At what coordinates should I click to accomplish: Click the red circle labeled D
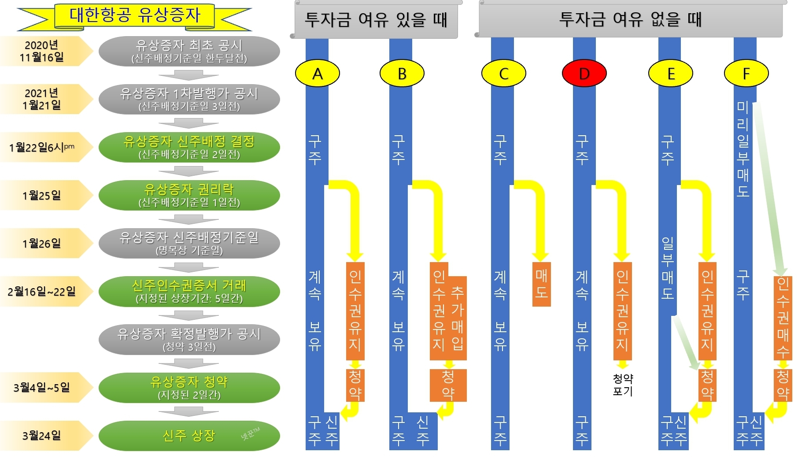tap(584, 73)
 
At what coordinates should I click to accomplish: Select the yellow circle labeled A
tap(317, 73)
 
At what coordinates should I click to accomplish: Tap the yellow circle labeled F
tap(746, 73)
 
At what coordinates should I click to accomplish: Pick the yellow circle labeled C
tap(503, 73)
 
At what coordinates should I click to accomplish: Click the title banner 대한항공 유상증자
tap(134, 16)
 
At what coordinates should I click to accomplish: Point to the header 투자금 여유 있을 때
tap(376, 20)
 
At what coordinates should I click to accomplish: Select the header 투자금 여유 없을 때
tap(630, 20)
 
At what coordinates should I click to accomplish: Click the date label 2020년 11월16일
tap(42, 51)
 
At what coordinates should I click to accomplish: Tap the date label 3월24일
tap(42, 436)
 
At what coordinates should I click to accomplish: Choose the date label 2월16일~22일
tap(42, 292)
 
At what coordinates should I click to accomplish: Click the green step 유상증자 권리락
tap(189, 195)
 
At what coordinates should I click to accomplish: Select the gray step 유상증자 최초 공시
tap(189, 51)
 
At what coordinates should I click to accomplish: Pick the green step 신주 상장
tap(189, 436)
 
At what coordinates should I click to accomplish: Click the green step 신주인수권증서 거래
tap(189, 292)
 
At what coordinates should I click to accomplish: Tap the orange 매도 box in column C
tap(541, 284)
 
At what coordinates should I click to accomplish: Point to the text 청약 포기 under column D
tap(622, 385)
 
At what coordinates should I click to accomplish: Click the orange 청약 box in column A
tap(355, 385)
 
